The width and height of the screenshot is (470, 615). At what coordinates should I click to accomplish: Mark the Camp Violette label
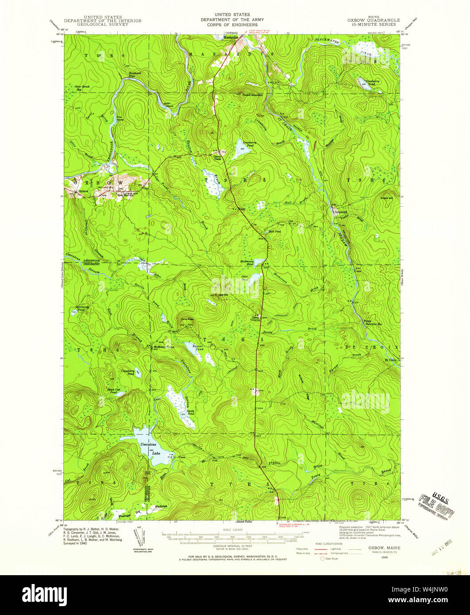[x=256, y=319]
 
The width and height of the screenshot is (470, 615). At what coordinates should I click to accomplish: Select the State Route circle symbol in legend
[x=322, y=559]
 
